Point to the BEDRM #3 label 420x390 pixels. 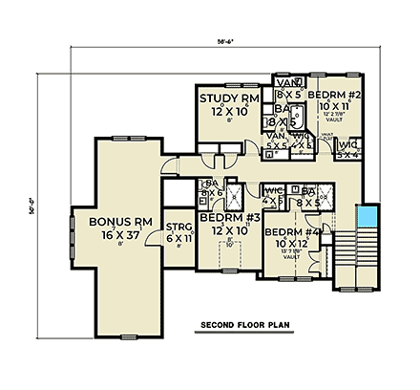226,219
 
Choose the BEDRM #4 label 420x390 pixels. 291,233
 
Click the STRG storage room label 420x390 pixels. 178,226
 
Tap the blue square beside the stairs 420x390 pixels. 367,216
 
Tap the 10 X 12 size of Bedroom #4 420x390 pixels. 290,244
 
